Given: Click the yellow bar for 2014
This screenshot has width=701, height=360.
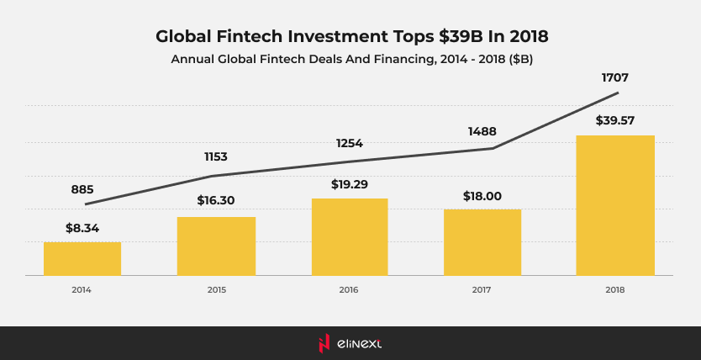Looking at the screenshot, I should click(82, 258).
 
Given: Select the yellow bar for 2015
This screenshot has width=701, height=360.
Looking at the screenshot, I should click(216, 246).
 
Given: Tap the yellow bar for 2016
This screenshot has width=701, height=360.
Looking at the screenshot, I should click(350, 236).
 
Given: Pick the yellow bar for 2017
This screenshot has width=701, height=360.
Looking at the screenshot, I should click(482, 242).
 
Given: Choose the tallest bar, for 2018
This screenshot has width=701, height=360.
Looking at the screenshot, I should click(615, 205).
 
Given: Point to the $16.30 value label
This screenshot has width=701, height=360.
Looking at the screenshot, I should click(216, 201).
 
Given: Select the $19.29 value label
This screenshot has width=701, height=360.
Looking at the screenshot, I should click(349, 183).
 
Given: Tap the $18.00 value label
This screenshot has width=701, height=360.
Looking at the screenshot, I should click(482, 196).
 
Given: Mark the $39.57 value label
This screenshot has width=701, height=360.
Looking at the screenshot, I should click(615, 120).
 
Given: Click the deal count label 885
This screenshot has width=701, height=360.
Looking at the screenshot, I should click(82, 189).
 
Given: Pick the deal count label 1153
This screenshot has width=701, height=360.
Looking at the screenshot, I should click(216, 156).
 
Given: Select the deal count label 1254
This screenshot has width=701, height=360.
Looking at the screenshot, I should click(349, 143).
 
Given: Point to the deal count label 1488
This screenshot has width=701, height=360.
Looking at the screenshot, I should click(482, 131).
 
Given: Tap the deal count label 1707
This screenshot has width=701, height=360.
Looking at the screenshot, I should click(615, 77).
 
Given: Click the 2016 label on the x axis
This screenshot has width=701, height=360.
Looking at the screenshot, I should click(349, 289).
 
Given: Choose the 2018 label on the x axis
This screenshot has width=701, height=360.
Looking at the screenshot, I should click(615, 289).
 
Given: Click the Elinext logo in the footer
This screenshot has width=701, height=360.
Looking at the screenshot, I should click(350, 343).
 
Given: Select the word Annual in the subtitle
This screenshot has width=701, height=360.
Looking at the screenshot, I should click(196, 60).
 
